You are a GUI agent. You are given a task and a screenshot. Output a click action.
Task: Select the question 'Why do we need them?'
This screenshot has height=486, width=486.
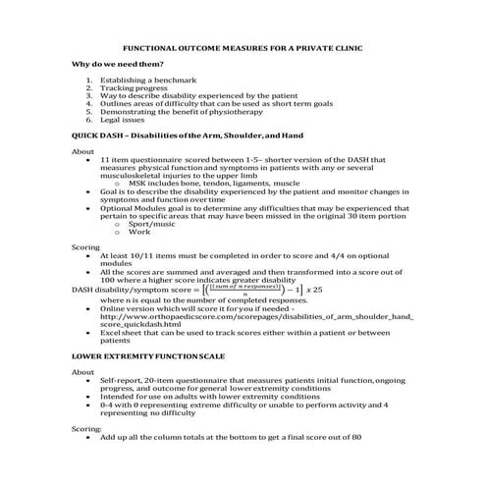pyautogui.click(x=118, y=65)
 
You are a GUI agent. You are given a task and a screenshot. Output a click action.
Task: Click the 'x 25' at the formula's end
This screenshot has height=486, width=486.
pyautogui.click(x=311, y=291)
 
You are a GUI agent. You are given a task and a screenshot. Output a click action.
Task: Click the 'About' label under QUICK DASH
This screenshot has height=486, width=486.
pyautogui.click(x=83, y=151)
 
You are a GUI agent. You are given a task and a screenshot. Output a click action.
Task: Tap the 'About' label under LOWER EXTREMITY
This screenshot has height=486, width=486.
pyautogui.click(x=83, y=372)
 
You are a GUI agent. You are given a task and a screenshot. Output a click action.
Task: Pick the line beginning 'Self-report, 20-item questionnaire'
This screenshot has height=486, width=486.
pyautogui.click(x=245, y=380)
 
